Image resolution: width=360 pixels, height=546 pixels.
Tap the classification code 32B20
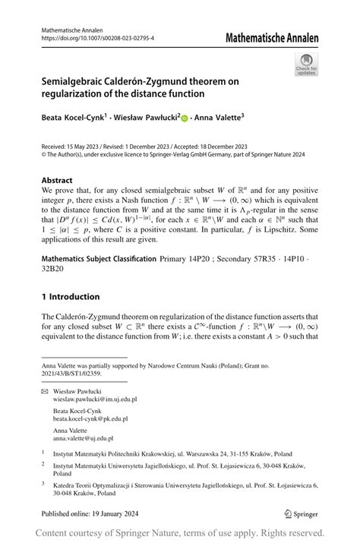(54, 270)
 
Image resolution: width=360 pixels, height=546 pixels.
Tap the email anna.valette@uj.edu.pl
(84, 438)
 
